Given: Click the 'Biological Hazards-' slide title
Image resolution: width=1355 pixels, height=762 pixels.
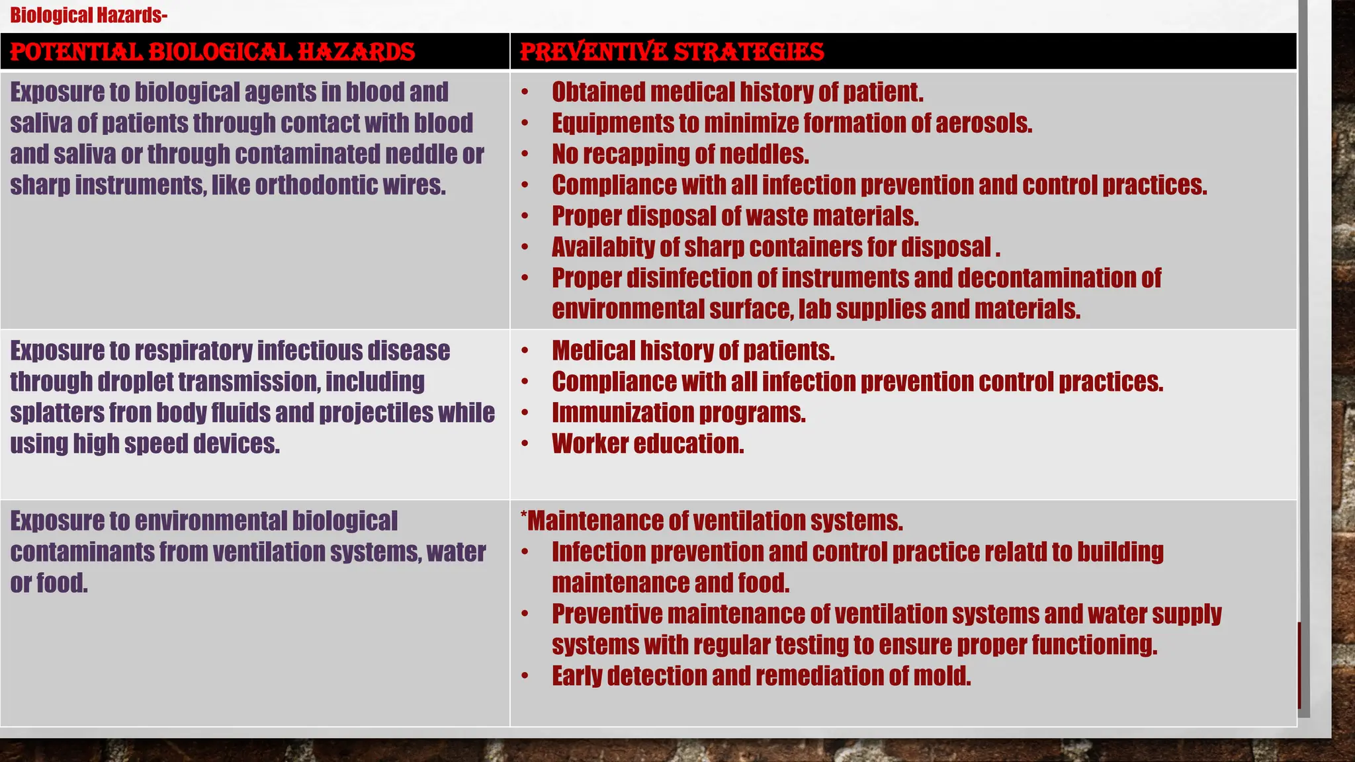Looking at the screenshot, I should click(89, 15).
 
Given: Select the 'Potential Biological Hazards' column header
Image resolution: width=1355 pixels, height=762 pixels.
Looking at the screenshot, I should click(212, 52).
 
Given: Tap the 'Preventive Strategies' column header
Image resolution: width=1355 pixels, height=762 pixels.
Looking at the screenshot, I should click(672, 52).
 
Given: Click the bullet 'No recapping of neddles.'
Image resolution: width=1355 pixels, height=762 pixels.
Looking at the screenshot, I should click(680, 155).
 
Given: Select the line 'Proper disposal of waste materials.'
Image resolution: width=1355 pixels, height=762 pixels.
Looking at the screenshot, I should click(735, 216).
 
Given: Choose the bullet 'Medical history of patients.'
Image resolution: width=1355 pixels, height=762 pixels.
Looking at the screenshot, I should click(693, 351).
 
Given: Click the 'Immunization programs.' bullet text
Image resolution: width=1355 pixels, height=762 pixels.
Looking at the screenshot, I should click(679, 413).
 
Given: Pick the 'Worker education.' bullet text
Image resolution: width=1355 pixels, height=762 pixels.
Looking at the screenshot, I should click(648, 444).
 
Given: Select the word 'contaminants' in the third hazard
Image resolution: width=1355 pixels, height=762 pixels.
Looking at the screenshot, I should click(82, 552).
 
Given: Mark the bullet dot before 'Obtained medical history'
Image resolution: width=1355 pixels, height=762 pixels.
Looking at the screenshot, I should click(525, 93).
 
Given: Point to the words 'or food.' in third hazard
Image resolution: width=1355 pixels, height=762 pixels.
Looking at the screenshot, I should click(49, 583).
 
